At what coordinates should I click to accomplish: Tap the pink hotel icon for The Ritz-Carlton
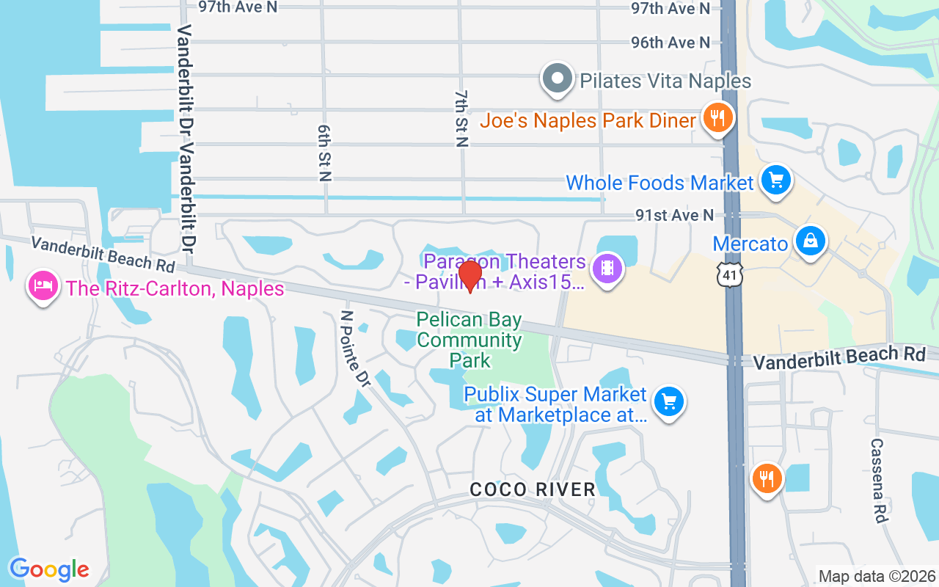(x=43, y=285)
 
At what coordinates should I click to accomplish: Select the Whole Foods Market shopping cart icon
(x=775, y=180)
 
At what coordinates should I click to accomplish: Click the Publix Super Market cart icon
(x=668, y=401)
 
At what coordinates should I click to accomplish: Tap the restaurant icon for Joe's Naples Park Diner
(x=717, y=117)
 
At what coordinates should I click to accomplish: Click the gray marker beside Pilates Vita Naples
(x=558, y=79)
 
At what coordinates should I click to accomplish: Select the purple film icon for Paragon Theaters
(x=607, y=268)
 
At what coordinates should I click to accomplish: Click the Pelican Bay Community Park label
(x=469, y=340)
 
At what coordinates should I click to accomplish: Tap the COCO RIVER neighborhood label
(x=533, y=489)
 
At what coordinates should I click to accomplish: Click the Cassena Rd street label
(x=878, y=480)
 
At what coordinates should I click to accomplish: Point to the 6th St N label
(x=324, y=153)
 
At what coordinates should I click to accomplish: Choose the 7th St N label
(x=461, y=119)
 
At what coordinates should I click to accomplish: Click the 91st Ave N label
(x=674, y=215)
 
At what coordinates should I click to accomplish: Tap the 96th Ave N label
(x=671, y=43)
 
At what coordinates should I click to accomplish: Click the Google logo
(x=49, y=569)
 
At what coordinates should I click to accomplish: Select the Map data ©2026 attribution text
(x=877, y=577)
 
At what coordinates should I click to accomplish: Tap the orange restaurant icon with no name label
(x=767, y=479)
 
